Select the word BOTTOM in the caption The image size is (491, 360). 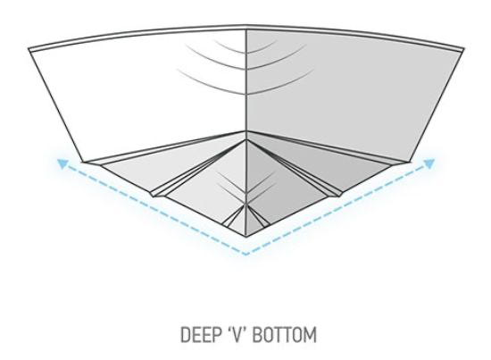pyautogui.click(x=284, y=334)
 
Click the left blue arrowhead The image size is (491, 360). pyautogui.click(x=62, y=163)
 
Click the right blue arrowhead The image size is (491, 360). pyautogui.click(x=429, y=163)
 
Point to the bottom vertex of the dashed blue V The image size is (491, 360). pyautogui.click(x=245, y=254)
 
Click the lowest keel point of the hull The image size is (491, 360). pyautogui.click(x=246, y=237)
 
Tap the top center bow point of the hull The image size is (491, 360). pyautogui.click(x=245, y=26)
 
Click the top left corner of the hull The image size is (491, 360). pyautogui.click(x=29, y=49)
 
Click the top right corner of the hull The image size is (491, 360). pyautogui.click(x=463, y=49)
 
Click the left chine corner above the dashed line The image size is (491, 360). pyautogui.click(x=83, y=162)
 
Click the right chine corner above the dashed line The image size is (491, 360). pyautogui.click(x=411, y=162)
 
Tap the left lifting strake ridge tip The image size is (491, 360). pyautogui.click(x=153, y=197)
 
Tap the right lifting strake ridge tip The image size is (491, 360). pyautogui.click(x=339, y=197)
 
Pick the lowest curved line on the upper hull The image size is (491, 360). pyautogui.click(x=246, y=93)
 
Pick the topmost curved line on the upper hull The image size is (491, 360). pyautogui.click(x=246, y=52)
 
